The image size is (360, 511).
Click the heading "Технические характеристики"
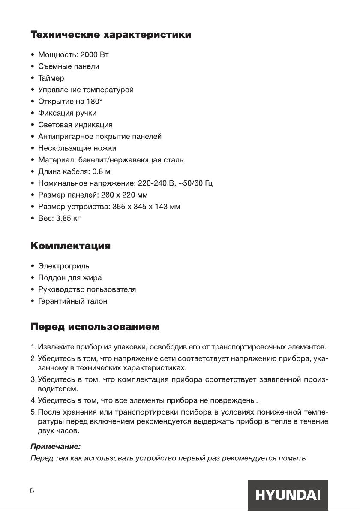(111, 35)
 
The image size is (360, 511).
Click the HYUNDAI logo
(288, 495)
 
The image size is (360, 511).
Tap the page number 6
(32, 491)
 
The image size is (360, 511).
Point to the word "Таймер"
(51, 78)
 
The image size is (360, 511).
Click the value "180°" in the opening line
(93, 102)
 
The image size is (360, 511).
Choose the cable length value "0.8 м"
(102, 171)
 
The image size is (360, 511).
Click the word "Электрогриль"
(64, 266)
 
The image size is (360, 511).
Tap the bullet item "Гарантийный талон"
(73, 301)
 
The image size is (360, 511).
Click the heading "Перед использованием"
(95, 328)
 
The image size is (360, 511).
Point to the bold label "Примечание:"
(55, 447)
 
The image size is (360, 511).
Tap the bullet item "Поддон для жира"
(70, 278)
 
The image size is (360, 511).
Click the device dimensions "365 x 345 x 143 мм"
(146, 207)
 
